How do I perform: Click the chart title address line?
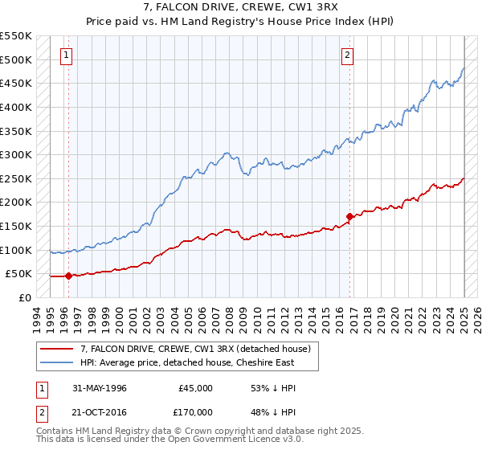click(x=241, y=8)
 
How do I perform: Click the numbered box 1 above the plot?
click(x=65, y=55)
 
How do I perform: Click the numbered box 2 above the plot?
click(x=347, y=55)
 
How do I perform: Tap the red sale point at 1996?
click(x=68, y=276)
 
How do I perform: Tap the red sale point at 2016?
click(x=350, y=216)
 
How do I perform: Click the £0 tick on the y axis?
click(x=24, y=297)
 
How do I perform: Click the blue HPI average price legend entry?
click(x=187, y=362)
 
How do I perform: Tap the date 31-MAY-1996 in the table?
click(x=100, y=388)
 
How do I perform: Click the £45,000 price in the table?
click(x=196, y=388)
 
